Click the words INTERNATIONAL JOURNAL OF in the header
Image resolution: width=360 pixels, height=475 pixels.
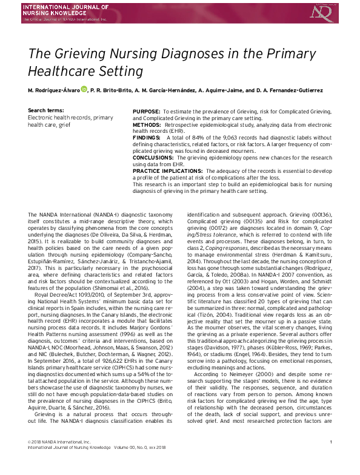tap(57, 7)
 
